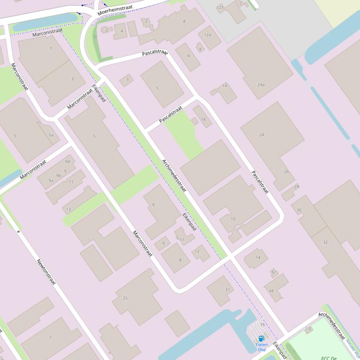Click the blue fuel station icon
pyautogui.click(x=261, y=338)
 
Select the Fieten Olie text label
pyautogui.click(x=262, y=347)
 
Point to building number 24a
pyautogui.click(x=261, y=85)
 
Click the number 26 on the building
pyautogui.click(x=287, y=172)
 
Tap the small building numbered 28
pyautogui.click(x=296, y=187)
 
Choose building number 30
pyautogui.click(x=299, y=210)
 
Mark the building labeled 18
pyautogui.click(x=203, y=120)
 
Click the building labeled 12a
pyautogui.click(x=208, y=35)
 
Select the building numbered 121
pyautogui.click(x=220, y=7)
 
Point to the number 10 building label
pyautogui.click(x=233, y=219)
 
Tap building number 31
pyautogui.click(x=228, y=289)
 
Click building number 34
pyautogui.click(x=271, y=291)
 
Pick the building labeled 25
pyautogui.click(x=125, y=298)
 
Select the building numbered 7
pyautogui.click(x=50, y=337)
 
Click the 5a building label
pyautogui.click(x=51, y=135)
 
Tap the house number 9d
pyautogui.click(x=67, y=162)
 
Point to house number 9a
pyautogui.click(x=51, y=180)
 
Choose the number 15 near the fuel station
pyautogui.click(x=262, y=324)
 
